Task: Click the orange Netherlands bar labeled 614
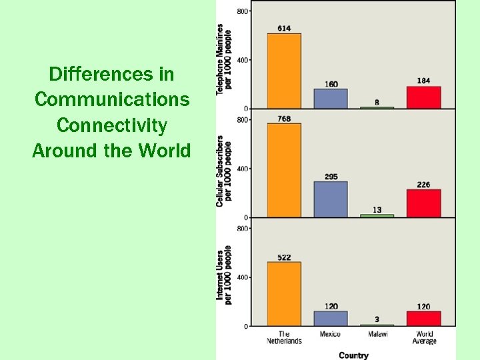tap(284, 71)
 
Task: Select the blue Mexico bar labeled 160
tap(331, 99)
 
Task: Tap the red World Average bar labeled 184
tap(423, 97)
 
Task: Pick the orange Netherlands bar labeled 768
tap(284, 170)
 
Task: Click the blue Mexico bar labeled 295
tap(331, 199)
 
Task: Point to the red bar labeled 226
tap(423, 203)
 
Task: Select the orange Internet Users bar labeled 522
tap(284, 293)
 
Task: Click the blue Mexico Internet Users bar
tap(331, 319)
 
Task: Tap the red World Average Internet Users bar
tap(423, 319)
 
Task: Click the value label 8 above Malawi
tap(377, 102)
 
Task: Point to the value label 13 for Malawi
tap(377, 210)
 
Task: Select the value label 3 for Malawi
tap(377, 319)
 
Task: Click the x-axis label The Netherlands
tap(284, 337)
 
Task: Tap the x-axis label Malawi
tap(377, 334)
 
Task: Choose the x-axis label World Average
tap(424, 337)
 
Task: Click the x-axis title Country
tap(353, 355)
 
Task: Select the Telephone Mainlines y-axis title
tap(223, 59)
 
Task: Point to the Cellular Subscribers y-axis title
tap(223, 171)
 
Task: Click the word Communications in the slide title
tap(112, 99)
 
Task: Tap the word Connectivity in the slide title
tap(112, 125)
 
